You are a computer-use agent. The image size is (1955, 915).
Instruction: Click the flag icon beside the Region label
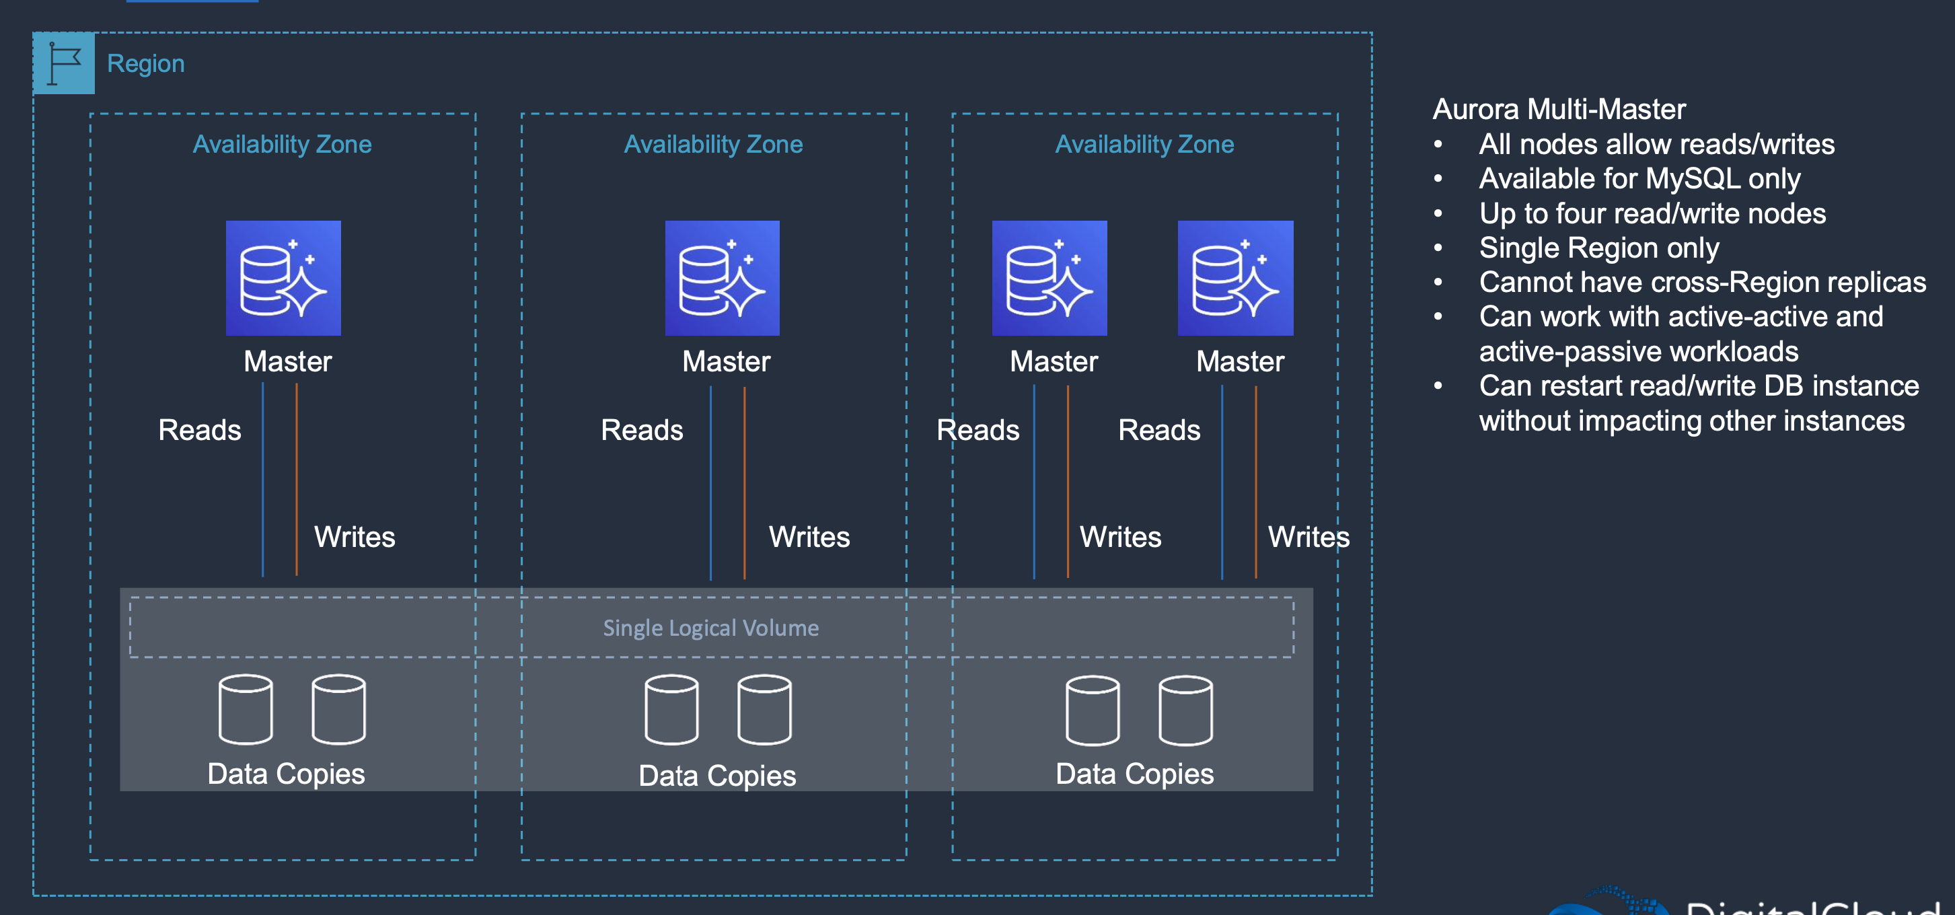pyautogui.click(x=64, y=63)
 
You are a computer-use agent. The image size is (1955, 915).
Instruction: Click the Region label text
pyautogui.click(x=146, y=64)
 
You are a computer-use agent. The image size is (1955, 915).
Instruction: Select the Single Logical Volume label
pyautogui.click(x=710, y=628)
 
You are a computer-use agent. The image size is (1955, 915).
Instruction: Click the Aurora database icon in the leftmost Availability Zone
pyautogui.click(x=283, y=278)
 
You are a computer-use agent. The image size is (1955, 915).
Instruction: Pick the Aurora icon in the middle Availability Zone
pyautogui.click(x=722, y=278)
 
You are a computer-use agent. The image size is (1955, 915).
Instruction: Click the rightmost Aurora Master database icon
pyautogui.click(x=1234, y=278)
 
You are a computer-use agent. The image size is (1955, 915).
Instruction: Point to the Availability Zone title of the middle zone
pyautogui.click(x=712, y=144)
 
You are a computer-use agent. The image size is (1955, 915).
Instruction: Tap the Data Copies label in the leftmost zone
pyautogui.click(x=286, y=774)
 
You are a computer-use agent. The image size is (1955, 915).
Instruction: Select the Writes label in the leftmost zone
pyautogui.click(x=355, y=537)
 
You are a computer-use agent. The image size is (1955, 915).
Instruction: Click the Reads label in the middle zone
pyautogui.click(x=641, y=430)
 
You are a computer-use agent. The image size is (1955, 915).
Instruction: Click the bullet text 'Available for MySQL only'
pyautogui.click(x=1639, y=179)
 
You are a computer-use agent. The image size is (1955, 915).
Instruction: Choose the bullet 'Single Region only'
pyautogui.click(x=1598, y=248)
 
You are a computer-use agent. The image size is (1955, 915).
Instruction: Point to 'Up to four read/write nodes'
pyautogui.click(x=1652, y=214)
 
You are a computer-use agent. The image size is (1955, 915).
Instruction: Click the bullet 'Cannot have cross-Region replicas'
pyautogui.click(x=1701, y=283)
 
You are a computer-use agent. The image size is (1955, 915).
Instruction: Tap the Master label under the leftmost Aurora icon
pyautogui.click(x=288, y=362)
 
